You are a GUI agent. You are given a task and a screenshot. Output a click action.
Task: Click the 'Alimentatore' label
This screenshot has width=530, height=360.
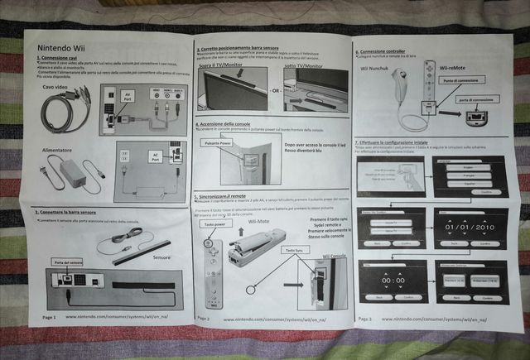coord(58,151)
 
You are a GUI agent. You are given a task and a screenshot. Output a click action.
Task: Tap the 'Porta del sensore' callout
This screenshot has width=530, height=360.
coord(66,262)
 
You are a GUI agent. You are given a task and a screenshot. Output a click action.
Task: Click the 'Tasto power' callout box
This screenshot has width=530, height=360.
coord(214,224)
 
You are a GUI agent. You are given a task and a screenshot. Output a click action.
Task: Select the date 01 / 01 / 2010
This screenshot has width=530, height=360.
coord(469,226)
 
